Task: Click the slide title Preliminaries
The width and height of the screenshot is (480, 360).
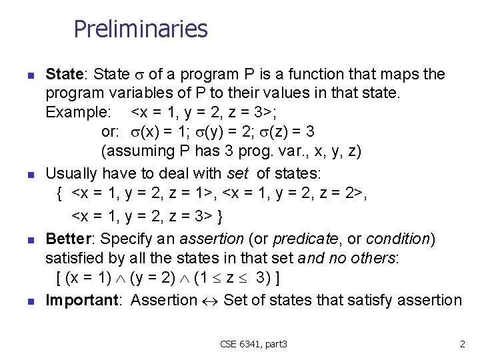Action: (x=141, y=29)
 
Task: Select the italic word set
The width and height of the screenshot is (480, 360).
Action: (x=238, y=174)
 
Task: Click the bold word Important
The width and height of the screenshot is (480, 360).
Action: (x=82, y=300)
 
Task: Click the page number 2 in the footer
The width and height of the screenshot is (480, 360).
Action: (x=462, y=344)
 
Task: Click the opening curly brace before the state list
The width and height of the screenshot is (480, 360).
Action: (x=59, y=194)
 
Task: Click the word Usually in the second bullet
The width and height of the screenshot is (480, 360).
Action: (x=73, y=174)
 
